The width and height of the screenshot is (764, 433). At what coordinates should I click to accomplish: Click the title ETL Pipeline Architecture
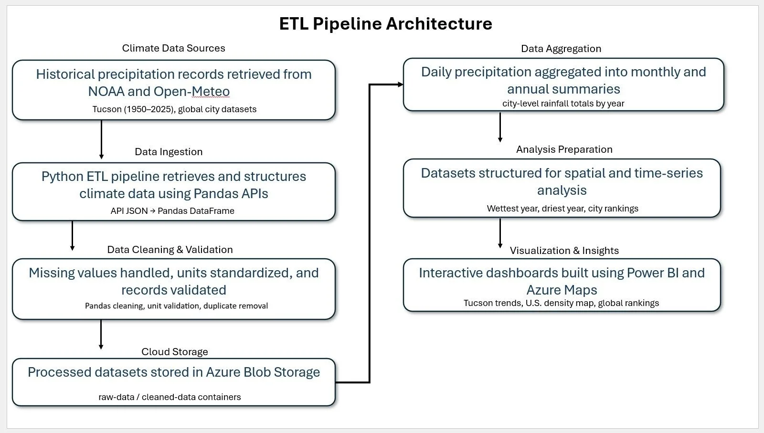pos(385,24)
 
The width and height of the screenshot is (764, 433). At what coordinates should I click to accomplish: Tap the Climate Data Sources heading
pos(174,48)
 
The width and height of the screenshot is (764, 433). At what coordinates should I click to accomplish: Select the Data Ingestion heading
pos(169,152)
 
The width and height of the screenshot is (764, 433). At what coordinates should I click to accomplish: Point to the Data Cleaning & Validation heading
pos(170,250)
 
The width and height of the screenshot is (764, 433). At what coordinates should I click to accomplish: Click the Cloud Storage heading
pos(175,351)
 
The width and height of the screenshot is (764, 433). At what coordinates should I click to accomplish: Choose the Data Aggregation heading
pos(561,49)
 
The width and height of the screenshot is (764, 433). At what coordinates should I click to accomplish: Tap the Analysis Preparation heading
pos(564,149)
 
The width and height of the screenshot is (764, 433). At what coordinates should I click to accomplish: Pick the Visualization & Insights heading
pos(564,251)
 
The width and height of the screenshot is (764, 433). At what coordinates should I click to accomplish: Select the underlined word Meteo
pos(211,91)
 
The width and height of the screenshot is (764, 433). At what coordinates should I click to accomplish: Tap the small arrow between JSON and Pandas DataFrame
pos(152,211)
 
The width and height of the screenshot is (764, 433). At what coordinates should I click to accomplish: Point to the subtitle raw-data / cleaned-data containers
pos(170,397)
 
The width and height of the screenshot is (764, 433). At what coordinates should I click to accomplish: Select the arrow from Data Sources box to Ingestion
pos(101,139)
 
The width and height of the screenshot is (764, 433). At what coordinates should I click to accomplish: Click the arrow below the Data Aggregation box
pos(500,127)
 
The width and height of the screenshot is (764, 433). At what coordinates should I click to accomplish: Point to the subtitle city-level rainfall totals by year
pos(563,103)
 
